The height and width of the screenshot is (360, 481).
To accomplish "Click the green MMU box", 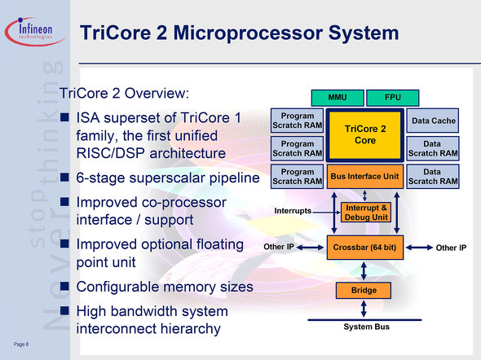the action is point(338,98).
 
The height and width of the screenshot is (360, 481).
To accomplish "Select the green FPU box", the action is point(393,98).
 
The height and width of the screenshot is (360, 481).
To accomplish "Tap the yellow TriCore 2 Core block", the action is point(364,135).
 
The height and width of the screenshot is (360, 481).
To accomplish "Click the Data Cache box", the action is point(433,121).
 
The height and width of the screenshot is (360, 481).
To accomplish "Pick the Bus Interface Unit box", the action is point(364,177).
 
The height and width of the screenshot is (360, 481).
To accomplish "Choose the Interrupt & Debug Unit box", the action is point(366,213).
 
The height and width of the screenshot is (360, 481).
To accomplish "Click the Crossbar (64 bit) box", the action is point(364,248).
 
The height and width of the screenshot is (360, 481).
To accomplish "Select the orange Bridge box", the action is point(364,290).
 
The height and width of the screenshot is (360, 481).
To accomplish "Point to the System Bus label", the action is point(366,327).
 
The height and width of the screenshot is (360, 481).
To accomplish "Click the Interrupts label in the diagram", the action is point(293,211).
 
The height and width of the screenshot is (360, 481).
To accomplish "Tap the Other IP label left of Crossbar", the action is point(279,247).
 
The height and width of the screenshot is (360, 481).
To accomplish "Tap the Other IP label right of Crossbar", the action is point(451,248).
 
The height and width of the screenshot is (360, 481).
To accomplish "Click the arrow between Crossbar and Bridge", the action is point(364,271).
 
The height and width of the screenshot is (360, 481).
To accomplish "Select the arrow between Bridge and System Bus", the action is point(364,309).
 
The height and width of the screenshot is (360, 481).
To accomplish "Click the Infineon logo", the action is point(35,32).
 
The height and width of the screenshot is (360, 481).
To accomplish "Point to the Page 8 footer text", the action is point(21,345).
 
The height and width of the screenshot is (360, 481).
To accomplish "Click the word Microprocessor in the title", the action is point(248,33).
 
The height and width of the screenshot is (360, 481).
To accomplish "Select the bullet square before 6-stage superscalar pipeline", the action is point(64,177).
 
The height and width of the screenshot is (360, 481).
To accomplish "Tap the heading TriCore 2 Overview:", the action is point(124,93).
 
